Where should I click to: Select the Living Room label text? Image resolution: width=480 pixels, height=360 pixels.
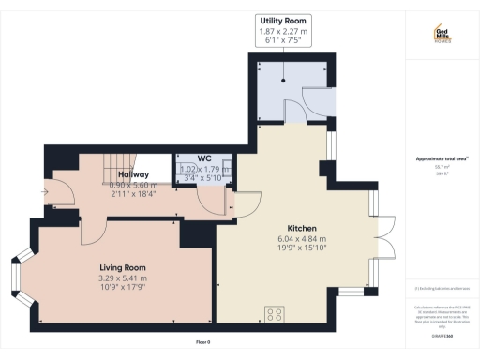(122, 267)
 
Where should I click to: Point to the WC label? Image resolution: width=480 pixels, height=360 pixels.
(203, 159)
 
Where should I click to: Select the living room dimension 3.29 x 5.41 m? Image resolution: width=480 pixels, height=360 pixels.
(122, 277)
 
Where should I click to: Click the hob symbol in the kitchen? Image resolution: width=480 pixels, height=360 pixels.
(275, 314)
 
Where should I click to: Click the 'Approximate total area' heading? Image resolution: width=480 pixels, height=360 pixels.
(442, 159)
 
